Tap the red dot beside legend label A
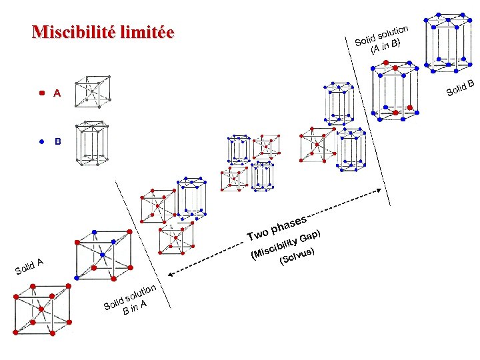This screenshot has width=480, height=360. pos(41,93)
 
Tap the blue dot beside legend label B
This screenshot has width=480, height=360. pos(41,141)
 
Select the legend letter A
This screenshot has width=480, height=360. pos(57,94)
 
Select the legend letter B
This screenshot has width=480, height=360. pos(57,142)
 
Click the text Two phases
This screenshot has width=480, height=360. pos(276,227)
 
